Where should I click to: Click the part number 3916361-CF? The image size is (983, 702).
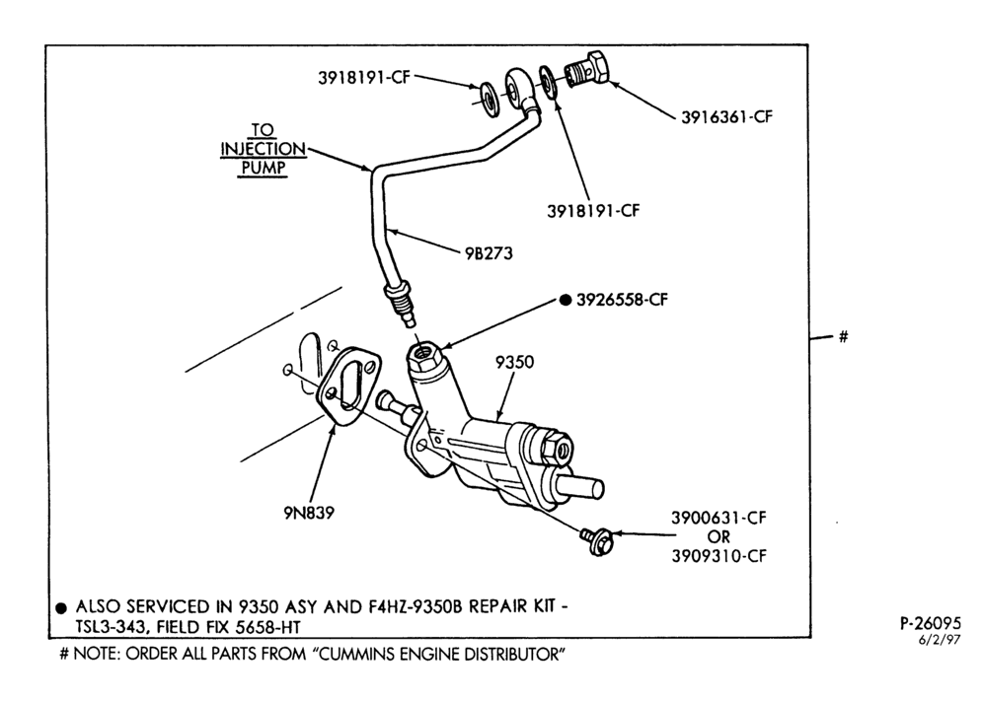(x=726, y=117)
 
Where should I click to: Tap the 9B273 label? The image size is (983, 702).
(x=489, y=253)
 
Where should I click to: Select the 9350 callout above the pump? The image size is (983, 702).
(x=514, y=362)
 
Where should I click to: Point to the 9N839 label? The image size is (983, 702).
(x=309, y=513)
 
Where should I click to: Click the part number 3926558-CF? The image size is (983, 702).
(x=622, y=300)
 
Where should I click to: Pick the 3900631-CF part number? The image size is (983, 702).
(x=718, y=518)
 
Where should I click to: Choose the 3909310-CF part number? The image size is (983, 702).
(x=718, y=556)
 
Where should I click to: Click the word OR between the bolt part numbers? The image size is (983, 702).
(x=718, y=537)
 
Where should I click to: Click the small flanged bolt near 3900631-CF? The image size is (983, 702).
(x=597, y=541)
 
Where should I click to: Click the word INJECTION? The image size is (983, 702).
(x=263, y=149)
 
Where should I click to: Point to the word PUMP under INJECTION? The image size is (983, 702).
(x=263, y=168)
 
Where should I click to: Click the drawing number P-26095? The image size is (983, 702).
(x=930, y=624)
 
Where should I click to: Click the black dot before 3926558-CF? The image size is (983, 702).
(x=565, y=300)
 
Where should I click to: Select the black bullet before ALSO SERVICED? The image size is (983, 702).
(x=61, y=608)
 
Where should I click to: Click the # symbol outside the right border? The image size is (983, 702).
(x=843, y=337)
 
